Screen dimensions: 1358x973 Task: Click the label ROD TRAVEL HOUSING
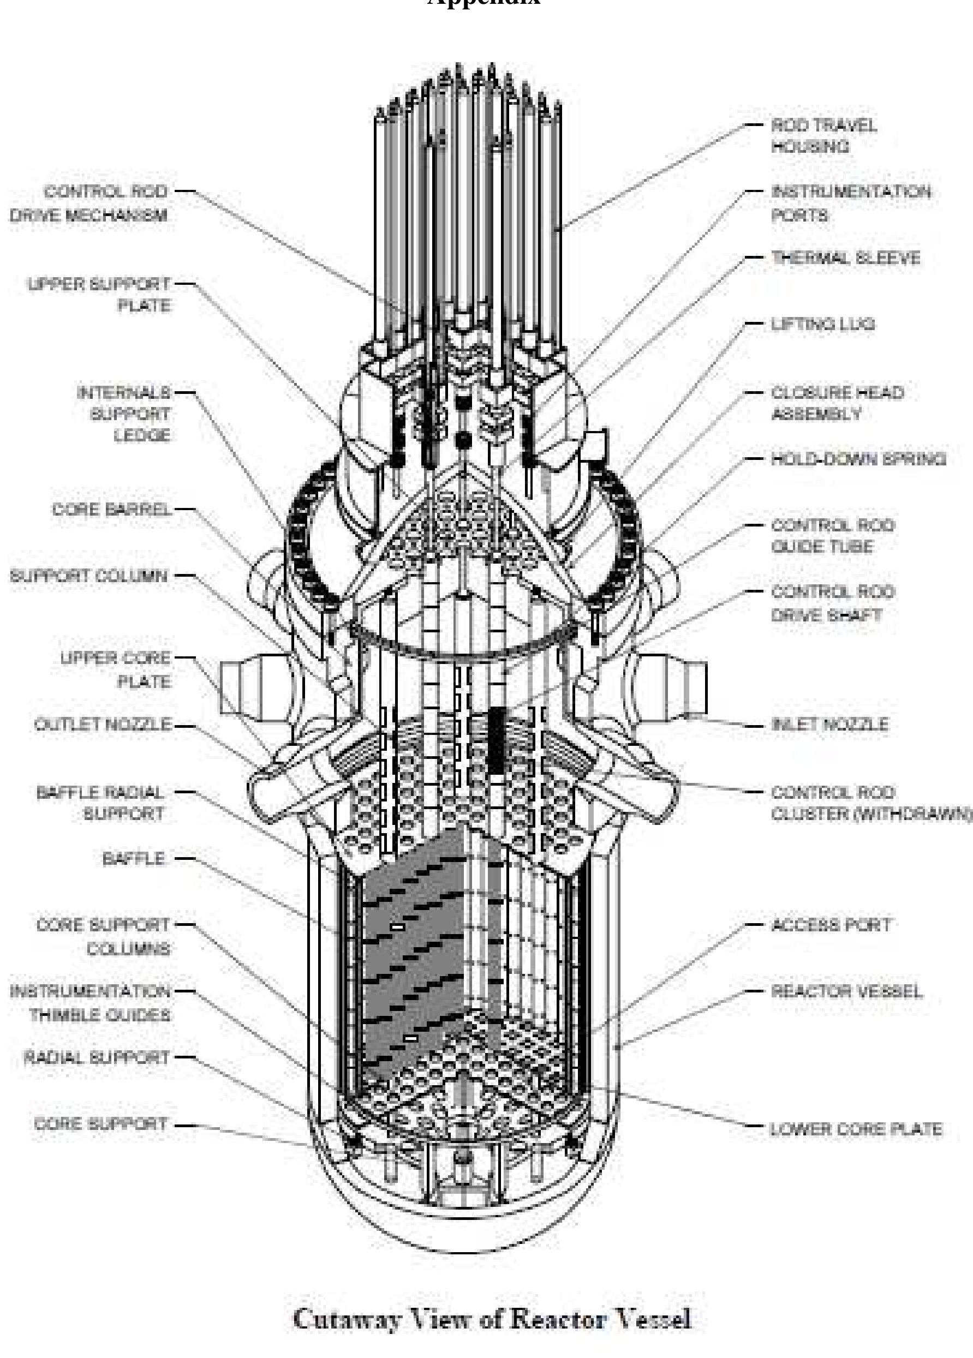point(823,135)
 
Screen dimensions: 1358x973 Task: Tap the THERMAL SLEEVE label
point(845,258)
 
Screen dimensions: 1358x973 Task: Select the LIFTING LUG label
point(822,325)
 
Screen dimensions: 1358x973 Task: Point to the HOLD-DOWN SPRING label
point(858,459)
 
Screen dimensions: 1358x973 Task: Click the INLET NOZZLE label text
point(829,725)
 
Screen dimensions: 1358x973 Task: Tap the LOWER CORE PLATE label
point(856,1129)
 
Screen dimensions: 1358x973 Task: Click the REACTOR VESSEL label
point(846,991)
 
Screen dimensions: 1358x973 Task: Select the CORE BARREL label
point(111,510)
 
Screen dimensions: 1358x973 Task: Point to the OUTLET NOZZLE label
point(103,725)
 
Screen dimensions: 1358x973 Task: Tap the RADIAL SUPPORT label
point(97,1058)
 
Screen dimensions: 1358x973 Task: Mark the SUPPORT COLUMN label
point(88,576)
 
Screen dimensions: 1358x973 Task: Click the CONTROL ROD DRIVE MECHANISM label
point(88,204)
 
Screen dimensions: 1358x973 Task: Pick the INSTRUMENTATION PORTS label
point(850,204)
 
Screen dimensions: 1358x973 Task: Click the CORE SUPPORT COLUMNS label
point(103,936)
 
